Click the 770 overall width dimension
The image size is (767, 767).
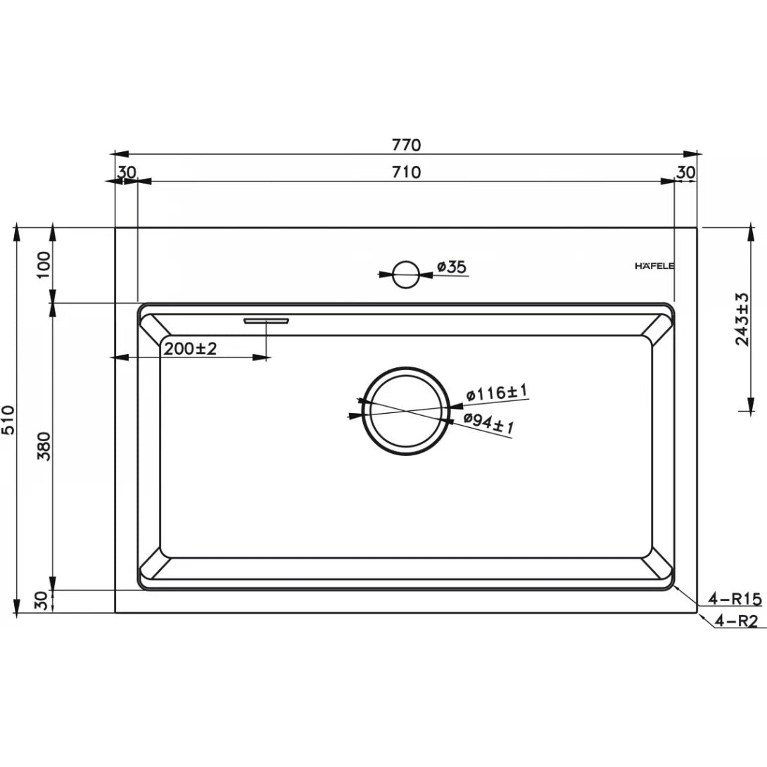(406, 144)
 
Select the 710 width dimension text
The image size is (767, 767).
(406, 172)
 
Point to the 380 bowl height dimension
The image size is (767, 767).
(44, 446)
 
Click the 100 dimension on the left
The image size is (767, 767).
(44, 265)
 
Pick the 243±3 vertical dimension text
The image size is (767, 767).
(742, 319)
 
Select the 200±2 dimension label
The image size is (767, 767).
(191, 348)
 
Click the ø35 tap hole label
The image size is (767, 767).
(451, 267)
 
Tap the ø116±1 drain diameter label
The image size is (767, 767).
(496, 393)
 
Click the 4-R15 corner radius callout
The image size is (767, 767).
(735, 599)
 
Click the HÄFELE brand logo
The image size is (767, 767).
(655, 266)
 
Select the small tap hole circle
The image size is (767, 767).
(405, 274)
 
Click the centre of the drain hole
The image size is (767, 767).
(405, 410)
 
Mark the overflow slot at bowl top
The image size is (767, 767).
(266, 321)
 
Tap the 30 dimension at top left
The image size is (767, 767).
(127, 172)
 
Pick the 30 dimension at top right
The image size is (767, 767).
(686, 172)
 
